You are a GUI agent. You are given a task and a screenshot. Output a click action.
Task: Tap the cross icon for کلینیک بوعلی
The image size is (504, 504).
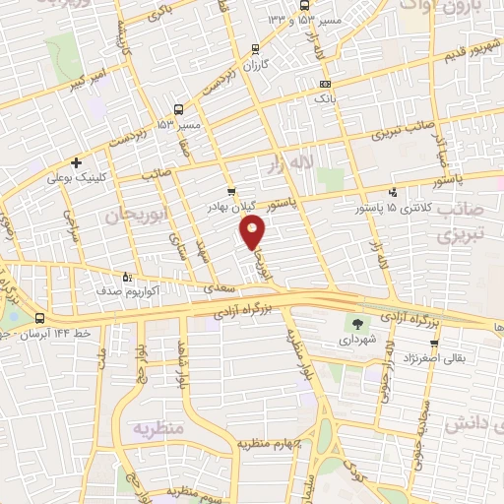(x=76, y=162)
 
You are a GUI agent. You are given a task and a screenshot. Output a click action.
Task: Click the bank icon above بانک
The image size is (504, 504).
(x=325, y=85)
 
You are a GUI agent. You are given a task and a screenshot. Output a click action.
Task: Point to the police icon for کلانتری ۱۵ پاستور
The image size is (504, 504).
(x=393, y=192)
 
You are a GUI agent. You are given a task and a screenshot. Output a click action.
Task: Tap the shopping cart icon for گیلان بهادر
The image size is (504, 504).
(x=230, y=192)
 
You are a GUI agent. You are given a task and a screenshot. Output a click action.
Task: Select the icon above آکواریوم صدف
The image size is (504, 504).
(x=125, y=278)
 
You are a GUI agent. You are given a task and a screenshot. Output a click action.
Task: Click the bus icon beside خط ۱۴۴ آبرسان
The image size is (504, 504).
(x=39, y=318)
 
